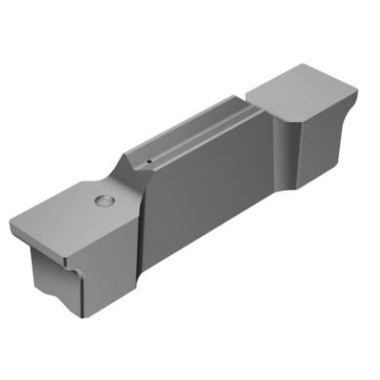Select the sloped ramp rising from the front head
123,175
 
